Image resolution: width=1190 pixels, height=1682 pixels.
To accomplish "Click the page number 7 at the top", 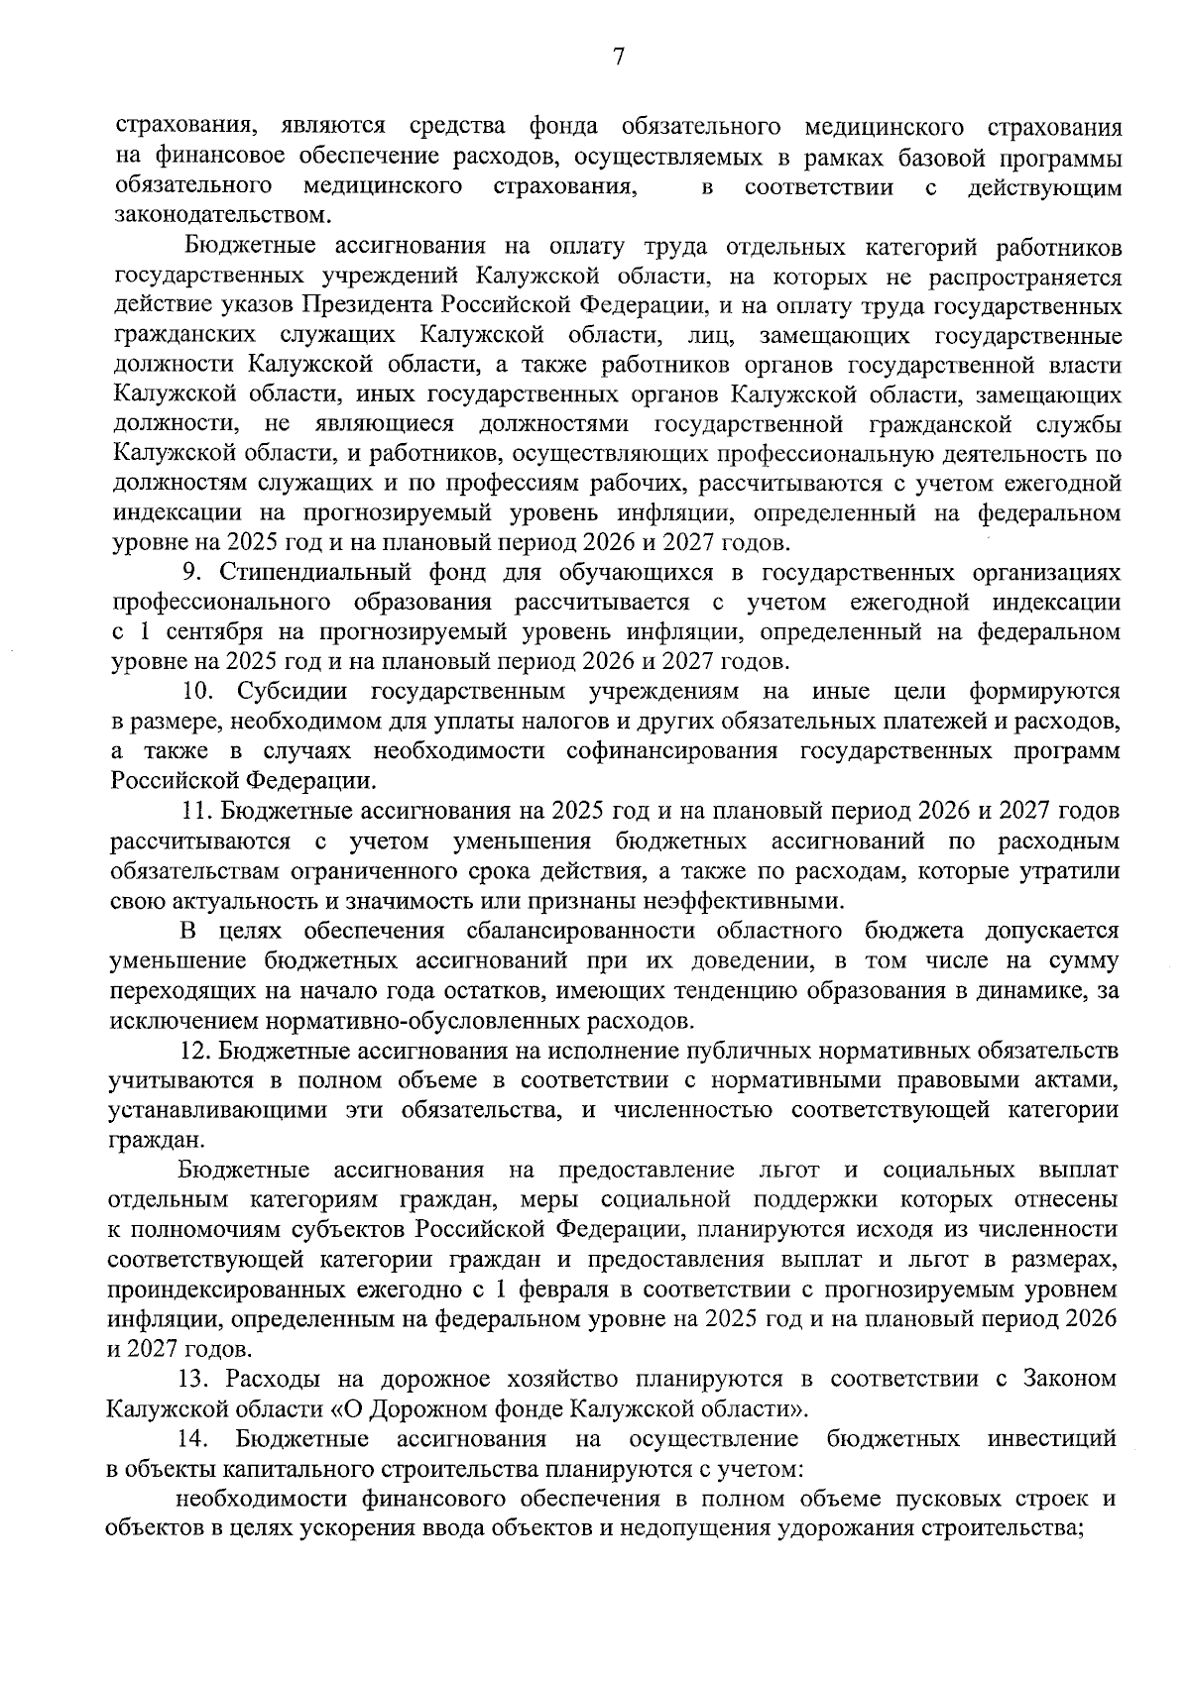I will [x=618, y=58].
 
